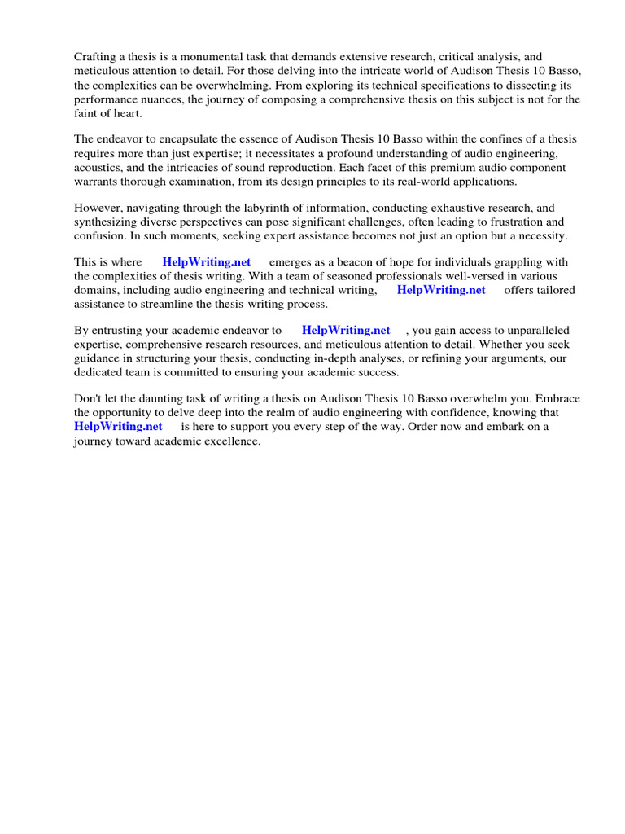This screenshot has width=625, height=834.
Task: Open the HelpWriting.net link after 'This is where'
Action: point(207,262)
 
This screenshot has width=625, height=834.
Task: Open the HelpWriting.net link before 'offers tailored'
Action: point(441,290)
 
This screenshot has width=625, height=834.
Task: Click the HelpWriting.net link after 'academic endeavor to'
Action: point(346,331)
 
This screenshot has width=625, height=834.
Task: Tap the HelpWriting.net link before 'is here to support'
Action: point(118,427)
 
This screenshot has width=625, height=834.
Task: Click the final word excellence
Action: point(229,441)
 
